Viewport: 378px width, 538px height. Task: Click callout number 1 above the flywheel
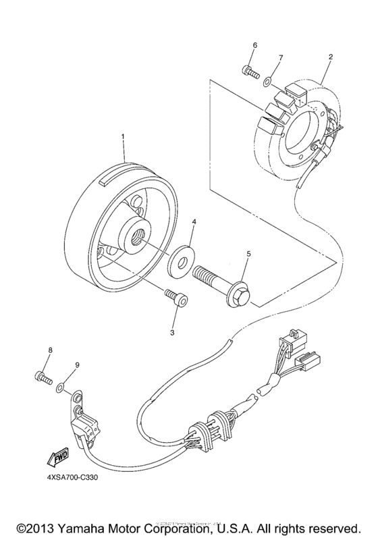[x=124, y=136]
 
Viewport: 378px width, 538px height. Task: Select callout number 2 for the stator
[x=330, y=57]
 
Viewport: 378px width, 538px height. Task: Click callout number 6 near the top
[x=255, y=45]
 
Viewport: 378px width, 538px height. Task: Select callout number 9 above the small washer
[x=77, y=365]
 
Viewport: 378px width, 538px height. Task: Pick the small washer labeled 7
[x=269, y=81]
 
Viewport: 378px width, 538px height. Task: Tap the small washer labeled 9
[x=60, y=387]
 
